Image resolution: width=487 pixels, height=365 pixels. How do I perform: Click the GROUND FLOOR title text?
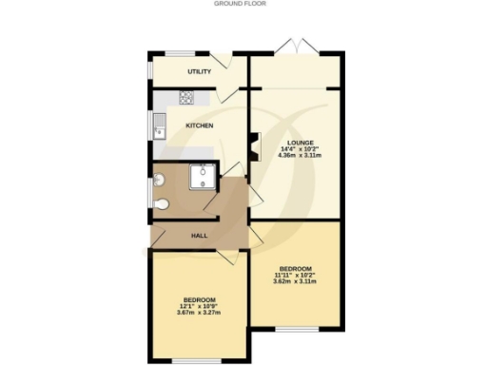[243, 4]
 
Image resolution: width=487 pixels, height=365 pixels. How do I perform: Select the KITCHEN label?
[200, 125]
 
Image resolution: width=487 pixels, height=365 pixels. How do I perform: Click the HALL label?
[200, 235]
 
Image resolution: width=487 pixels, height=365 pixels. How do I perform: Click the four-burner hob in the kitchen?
[186, 97]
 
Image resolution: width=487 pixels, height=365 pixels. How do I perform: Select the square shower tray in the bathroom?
[202, 176]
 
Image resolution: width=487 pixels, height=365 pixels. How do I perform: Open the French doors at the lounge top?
[297, 45]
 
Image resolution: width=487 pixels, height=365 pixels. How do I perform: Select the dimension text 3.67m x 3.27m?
[199, 314]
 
